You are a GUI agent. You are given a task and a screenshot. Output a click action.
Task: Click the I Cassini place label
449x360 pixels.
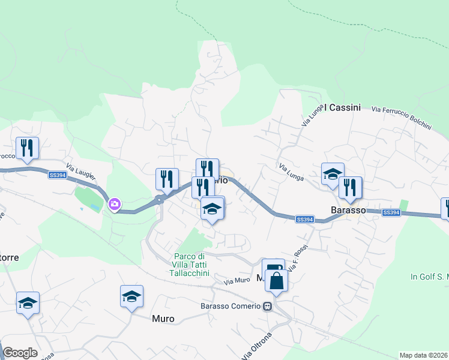(342, 107)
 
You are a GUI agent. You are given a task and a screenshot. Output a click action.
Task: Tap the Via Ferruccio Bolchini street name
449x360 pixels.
(402, 118)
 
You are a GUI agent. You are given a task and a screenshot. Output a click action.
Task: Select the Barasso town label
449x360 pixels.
(348, 210)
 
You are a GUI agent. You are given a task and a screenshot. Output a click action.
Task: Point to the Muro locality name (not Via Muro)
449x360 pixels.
(163, 319)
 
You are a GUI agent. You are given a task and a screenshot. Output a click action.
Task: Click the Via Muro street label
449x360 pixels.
(237, 280)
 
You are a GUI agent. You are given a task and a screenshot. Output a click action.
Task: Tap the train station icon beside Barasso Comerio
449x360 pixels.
(267, 306)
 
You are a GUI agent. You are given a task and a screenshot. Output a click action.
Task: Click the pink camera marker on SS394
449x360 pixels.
(114, 205)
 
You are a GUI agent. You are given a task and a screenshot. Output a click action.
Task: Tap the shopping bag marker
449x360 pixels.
(276, 281)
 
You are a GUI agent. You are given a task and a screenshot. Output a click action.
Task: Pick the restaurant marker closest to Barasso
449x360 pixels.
(351, 188)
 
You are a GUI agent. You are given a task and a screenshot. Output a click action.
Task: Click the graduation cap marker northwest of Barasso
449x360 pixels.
(333, 174)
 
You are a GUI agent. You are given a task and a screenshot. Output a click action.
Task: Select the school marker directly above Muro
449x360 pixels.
(132, 296)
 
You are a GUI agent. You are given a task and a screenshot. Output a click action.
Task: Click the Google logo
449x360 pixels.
(20, 353)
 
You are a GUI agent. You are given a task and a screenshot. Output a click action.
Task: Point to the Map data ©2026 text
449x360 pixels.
(423, 355)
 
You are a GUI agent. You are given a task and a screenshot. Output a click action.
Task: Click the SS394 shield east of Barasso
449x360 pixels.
(390, 212)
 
